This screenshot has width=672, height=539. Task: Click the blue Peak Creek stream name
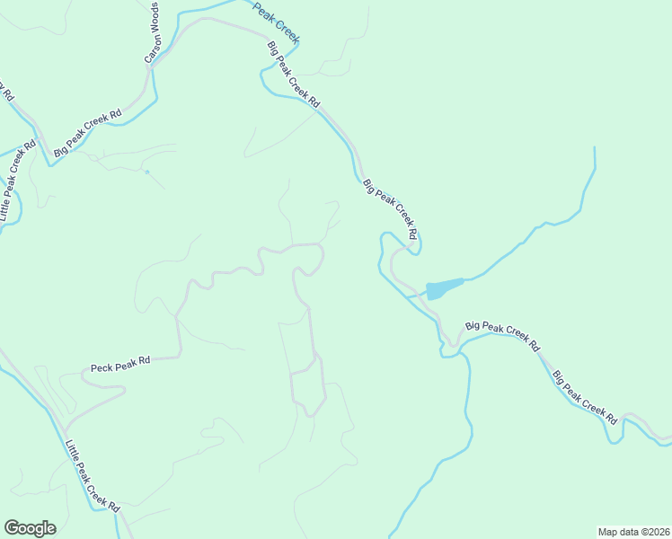point(276,22)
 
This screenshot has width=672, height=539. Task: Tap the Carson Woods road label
point(153,33)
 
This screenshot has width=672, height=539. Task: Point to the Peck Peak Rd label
point(119,364)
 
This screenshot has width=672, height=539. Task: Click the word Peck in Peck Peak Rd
point(101,367)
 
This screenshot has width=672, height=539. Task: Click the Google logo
point(30,528)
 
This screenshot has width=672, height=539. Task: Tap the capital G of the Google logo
point(12,527)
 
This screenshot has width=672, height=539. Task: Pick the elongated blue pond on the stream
point(444,288)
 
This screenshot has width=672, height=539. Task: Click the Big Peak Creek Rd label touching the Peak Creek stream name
point(293,74)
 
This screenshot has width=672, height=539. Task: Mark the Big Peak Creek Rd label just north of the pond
point(391,209)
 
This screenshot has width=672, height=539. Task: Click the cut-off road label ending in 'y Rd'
point(5,91)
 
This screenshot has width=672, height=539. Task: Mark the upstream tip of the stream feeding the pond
point(594,146)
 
